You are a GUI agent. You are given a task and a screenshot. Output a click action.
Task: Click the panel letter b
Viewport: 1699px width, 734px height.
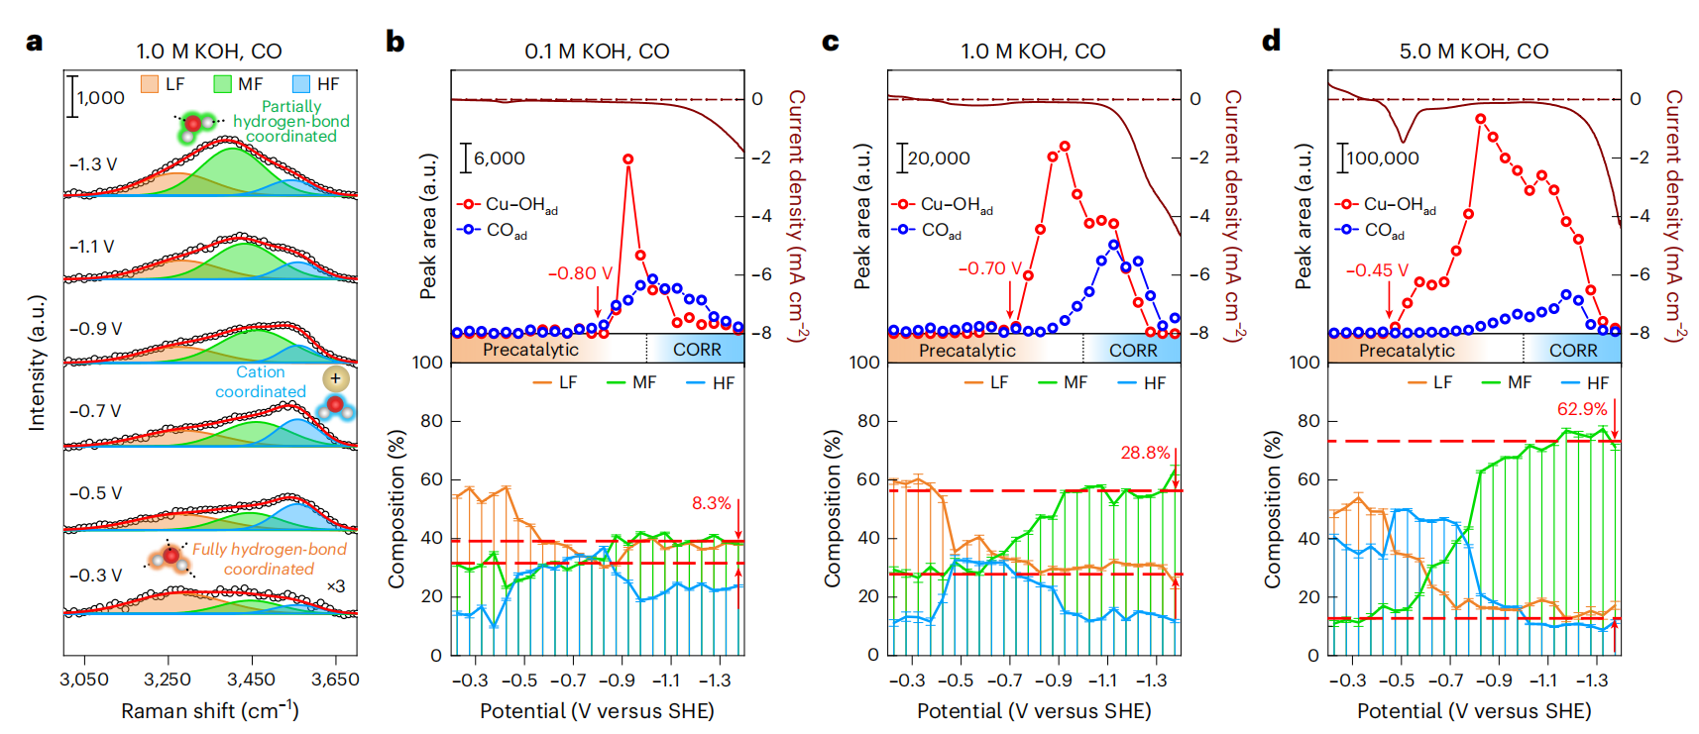click(x=395, y=42)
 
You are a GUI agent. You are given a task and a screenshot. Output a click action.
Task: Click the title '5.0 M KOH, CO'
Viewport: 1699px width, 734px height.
click(x=1473, y=52)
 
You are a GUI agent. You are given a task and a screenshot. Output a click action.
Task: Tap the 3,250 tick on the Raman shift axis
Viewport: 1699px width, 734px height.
click(x=168, y=680)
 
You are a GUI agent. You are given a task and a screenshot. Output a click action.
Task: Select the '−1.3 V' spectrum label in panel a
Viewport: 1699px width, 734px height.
click(x=93, y=164)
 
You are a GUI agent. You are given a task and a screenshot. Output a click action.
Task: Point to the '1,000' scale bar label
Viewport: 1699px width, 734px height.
click(x=101, y=98)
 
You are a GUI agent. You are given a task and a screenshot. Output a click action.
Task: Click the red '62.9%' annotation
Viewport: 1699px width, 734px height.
click(x=1581, y=409)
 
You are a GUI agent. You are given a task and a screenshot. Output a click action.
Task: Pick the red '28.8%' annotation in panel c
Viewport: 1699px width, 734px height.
click(x=1145, y=453)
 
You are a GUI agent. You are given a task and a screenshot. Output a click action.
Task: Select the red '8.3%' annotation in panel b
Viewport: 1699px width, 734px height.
click(x=711, y=503)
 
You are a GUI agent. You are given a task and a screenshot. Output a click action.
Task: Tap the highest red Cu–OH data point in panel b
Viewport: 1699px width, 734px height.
click(x=627, y=158)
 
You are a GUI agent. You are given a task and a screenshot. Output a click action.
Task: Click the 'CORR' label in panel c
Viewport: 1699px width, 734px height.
click(x=1133, y=351)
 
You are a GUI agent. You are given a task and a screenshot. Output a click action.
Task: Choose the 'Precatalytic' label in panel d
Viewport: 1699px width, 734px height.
click(x=1407, y=351)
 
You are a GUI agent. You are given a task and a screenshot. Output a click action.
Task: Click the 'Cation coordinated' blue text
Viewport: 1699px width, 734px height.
click(x=261, y=382)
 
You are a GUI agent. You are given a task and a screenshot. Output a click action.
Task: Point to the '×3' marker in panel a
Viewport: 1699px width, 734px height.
click(x=336, y=586)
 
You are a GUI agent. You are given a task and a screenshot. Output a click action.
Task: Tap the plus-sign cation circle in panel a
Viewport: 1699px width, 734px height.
click(x=336, y=378)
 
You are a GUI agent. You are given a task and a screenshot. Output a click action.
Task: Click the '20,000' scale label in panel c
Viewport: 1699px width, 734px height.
click(x=939, y=158)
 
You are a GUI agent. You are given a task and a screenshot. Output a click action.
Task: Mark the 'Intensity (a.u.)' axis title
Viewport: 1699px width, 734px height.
click(x=37, y=363)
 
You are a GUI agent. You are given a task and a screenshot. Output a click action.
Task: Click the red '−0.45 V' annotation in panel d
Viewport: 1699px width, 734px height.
click(x=1376, y=270)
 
